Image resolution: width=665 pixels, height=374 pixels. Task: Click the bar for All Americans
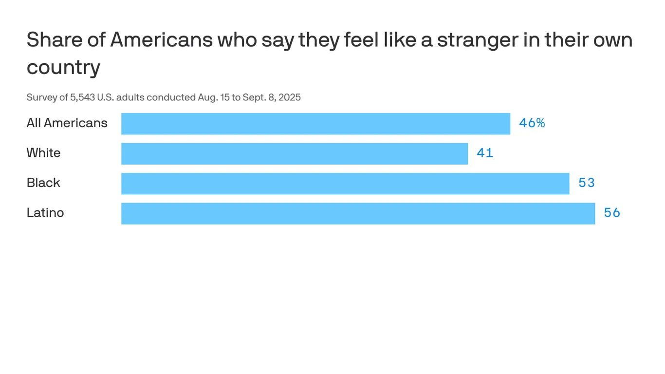point(315,124)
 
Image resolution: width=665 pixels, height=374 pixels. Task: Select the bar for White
point(295,153)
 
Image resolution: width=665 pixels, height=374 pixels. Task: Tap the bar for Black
point(345,184)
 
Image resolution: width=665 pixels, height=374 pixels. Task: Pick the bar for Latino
point(358,213)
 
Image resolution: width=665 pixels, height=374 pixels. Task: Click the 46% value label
point(532,123)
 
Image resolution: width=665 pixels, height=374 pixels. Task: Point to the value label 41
point(485,153)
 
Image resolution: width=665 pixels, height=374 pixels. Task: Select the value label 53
point(587,183)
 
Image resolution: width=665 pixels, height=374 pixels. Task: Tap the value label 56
point(612,213)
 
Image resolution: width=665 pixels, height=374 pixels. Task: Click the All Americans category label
point(67,123)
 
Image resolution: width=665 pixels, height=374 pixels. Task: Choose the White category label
point(44,153)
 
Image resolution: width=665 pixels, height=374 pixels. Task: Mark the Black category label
point(43,183)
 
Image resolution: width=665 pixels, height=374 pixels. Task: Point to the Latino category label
point(45,213)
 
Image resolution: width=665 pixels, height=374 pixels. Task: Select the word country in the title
point(63,67)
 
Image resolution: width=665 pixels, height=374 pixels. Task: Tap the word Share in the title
point(54,40)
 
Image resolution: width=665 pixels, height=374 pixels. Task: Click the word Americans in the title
point(162,40)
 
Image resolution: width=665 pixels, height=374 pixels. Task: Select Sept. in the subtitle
point(254,97)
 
